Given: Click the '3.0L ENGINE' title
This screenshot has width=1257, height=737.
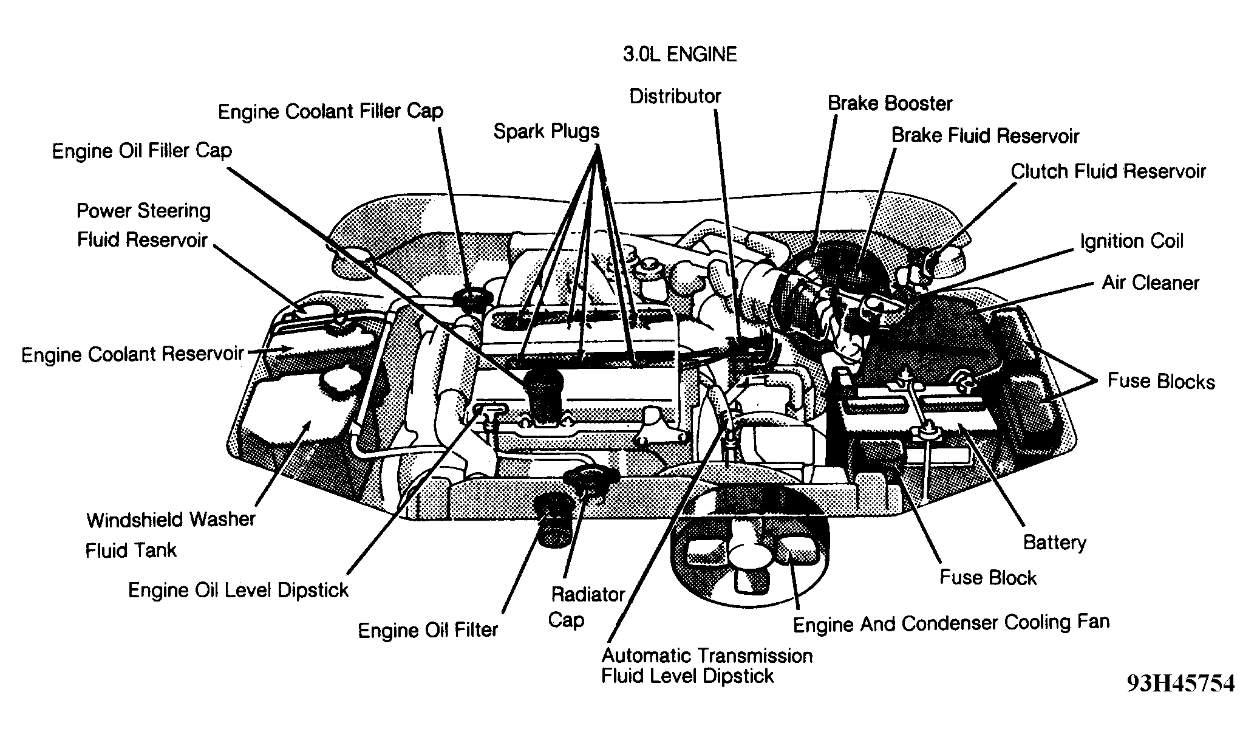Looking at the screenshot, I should (680, 55).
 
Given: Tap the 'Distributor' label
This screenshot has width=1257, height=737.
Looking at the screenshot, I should (675, 97).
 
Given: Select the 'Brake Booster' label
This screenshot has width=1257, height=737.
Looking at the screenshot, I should (890, 103).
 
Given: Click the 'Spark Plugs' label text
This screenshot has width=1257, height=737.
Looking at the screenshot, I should (546, 131).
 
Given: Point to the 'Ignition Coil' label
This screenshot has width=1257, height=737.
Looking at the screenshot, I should (1131, 241).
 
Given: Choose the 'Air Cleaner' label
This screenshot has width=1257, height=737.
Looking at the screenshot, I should (1150, 283).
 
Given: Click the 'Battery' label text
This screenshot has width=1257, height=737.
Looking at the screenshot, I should (1054, 542).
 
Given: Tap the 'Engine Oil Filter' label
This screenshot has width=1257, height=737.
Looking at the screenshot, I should (428, 630).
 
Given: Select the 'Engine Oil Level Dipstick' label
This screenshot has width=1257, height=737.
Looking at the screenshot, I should (238, 590).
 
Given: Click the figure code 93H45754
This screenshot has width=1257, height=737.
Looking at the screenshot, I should (1180, 684).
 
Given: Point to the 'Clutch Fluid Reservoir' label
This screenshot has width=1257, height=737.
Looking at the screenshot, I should (1108, 172).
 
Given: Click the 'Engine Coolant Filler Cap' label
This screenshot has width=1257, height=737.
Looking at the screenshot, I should (330, 112).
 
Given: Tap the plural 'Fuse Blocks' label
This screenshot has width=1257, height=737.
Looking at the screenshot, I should (1160, 382).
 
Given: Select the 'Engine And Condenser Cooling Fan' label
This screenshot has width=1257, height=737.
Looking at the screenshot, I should (951, 623).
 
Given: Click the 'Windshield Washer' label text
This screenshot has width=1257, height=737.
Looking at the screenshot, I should (171, 520).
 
